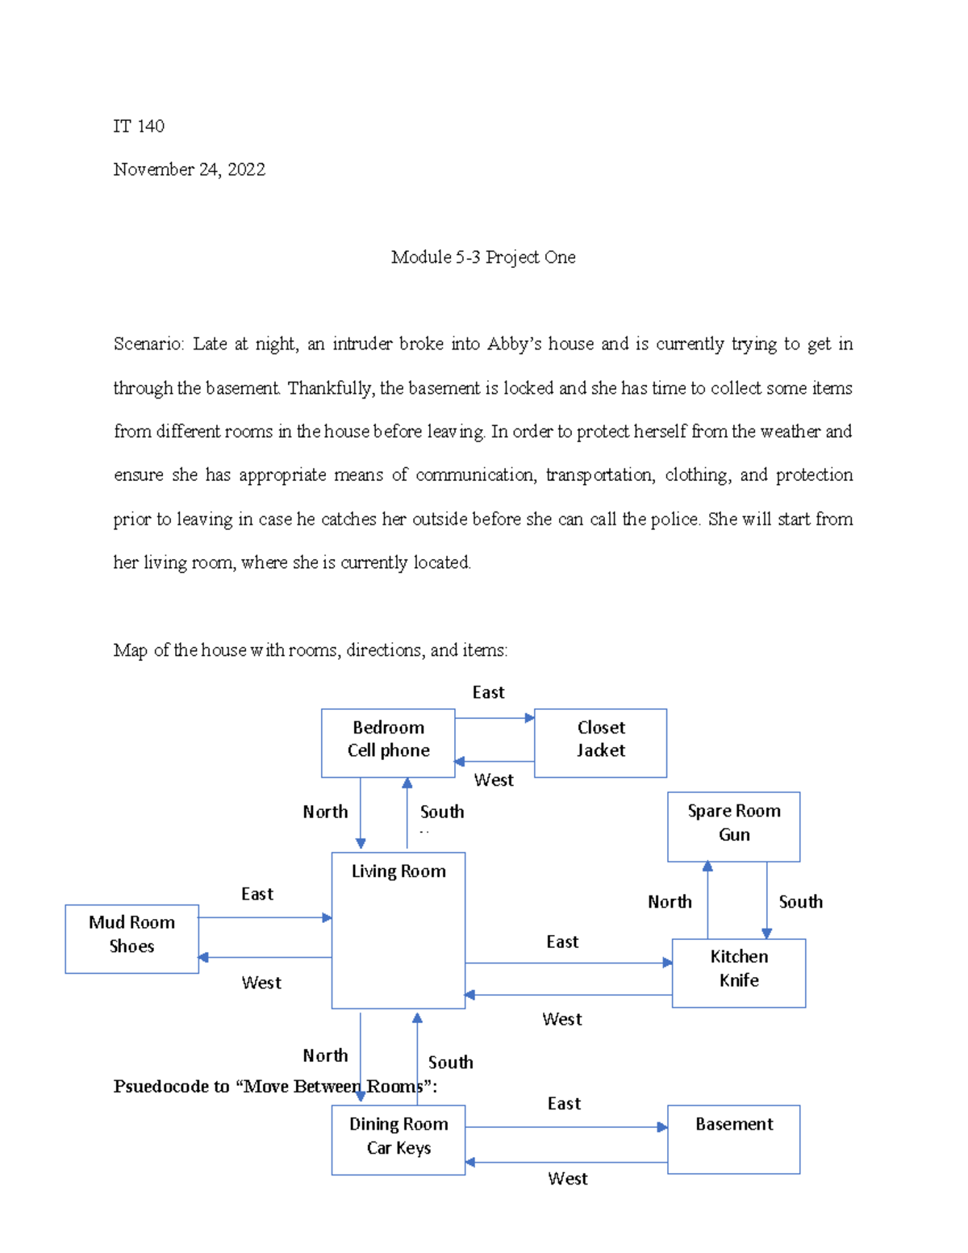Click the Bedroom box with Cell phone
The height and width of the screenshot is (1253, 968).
tap(388, 742)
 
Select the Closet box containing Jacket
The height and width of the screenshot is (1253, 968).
tap(600, 742)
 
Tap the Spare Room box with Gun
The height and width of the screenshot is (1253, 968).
tap(733, 825)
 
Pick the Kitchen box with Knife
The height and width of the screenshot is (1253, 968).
tap(738, 972)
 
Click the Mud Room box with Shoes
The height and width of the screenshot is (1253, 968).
tap(131, 938)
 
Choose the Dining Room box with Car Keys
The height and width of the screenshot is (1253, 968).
tap(398, 1138)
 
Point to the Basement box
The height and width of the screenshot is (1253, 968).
tap(733, 1138)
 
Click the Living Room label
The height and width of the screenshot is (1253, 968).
tap(398, 871)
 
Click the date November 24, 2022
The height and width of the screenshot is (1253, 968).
tap(190, 169)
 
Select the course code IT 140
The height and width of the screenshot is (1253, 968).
tap(139, 126)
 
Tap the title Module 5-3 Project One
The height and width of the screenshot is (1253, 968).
tap(483, 257)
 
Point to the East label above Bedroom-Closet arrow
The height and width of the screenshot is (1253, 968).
tap(488, 692)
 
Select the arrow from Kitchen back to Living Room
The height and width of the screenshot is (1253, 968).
tap(569, 995)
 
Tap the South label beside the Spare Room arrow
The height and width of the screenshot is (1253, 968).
tap(800, 902)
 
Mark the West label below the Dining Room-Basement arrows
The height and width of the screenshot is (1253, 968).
tap(568, 1179)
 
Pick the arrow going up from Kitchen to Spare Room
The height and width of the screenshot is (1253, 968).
tap(707, 900)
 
